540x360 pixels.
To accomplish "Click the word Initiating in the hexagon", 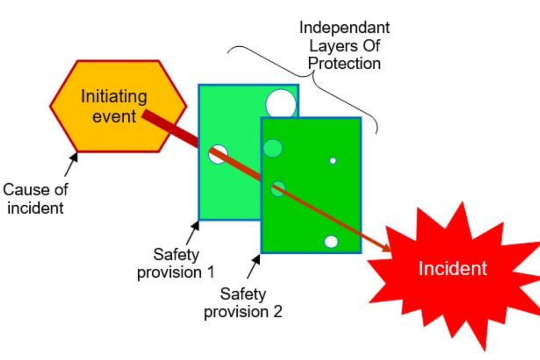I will (x=114, y=96).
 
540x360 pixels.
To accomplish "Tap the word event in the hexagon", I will (x=114, y=117).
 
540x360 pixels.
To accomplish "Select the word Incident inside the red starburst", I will (x=452, y=269).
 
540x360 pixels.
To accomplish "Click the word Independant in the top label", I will (x=344, y=28).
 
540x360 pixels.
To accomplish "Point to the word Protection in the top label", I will (x=345, y=63).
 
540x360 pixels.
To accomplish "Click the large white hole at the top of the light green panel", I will (x=281, y=104).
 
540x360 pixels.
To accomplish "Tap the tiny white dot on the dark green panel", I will (x=333, y=161).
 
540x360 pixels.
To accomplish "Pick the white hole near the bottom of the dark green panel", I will (x=331, y=242).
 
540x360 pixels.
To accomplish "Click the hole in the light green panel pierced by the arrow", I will (x=218, y=153).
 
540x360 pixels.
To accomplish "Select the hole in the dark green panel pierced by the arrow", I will (x=278, y=189).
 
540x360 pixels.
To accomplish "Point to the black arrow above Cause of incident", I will (x=71, y=164).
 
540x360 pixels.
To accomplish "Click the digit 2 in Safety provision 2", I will (x=277, y=311).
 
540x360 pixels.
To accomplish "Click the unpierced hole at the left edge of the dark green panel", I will (x=272, y=148).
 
